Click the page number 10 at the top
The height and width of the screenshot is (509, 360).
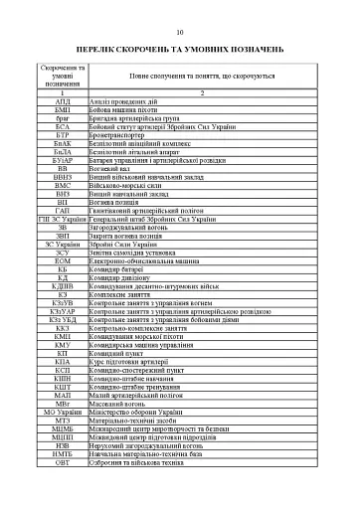[179, 31]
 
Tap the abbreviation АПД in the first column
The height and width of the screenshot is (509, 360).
[63, 101]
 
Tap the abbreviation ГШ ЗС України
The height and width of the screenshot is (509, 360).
[63, 220]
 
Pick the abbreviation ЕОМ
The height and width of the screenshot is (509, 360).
[63, 262]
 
